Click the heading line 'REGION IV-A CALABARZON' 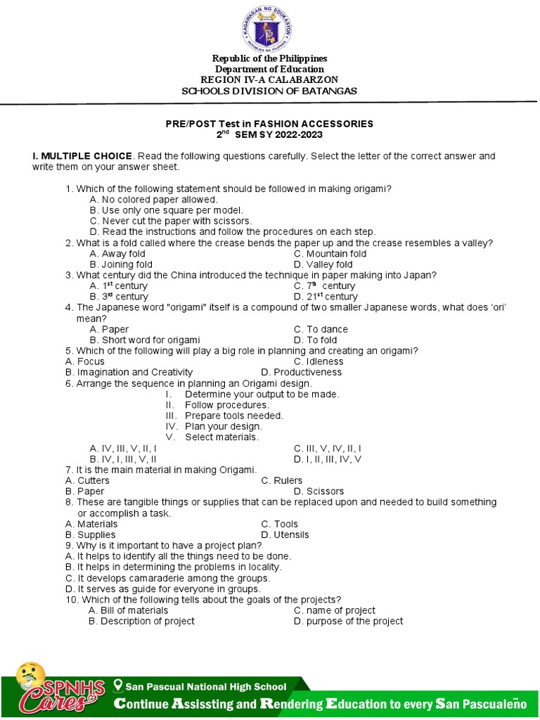(x=269, y=79)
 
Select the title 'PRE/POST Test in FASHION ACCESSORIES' (x=269, y=124)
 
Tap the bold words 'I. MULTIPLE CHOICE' (x=82, y=155)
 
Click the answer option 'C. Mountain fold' (x=330, y=254)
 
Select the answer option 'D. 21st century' (x=326, y=297)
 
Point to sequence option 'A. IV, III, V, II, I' (x=123, y=448)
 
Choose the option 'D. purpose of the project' (x=348, y=621)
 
